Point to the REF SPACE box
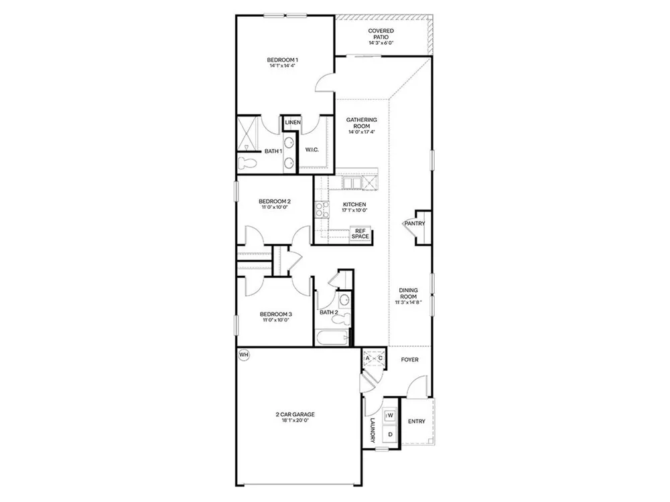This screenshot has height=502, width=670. [x=360, y=234]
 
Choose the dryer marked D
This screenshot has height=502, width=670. [x=390, y=434]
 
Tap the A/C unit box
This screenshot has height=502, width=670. [x=374, y=358]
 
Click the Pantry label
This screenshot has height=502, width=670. [x=415, y=224]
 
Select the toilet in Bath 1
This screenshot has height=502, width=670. [x=248, y=163]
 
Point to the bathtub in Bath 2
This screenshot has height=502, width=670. [x=332, y=339]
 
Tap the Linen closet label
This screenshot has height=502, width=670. [x=293, y=122]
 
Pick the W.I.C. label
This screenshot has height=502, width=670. [x=312, y=150]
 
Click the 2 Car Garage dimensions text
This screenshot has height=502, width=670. [x=295, y=420]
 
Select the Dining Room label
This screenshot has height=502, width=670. [x=409, y=293]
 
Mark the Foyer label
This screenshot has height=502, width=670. [x=410, y=360]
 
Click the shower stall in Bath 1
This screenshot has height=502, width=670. [x=249, y=132]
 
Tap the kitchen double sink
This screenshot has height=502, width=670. [x=352, y=183]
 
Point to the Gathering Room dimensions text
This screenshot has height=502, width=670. [x=362, y=132]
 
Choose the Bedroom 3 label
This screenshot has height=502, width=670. [x=275, y=315]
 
